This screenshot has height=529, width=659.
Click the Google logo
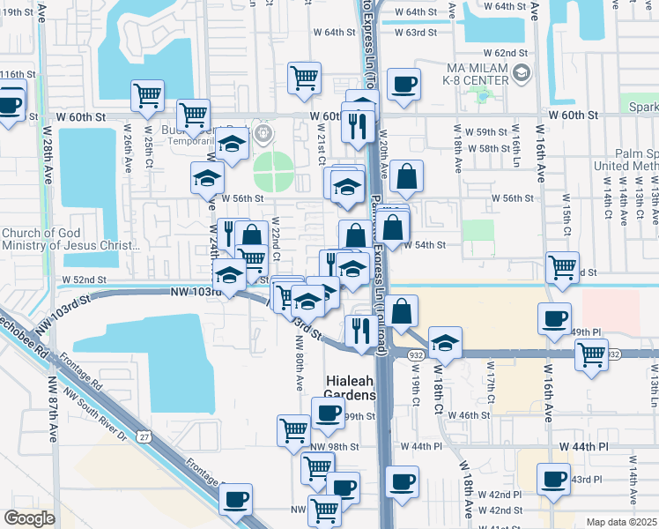pyautogui.click(x=30, y=518)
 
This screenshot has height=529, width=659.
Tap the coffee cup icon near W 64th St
pyautogui.click(x=404, y=85)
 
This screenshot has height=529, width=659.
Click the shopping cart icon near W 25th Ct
pyautogui.click(x=148, y=95)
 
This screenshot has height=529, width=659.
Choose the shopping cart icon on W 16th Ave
pyautogui.click(x=562, y=265)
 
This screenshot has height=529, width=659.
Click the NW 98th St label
pyautogui.click(x=335, y=447)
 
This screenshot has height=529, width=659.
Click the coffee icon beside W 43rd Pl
pyautogui.click(x=555, y=481)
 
